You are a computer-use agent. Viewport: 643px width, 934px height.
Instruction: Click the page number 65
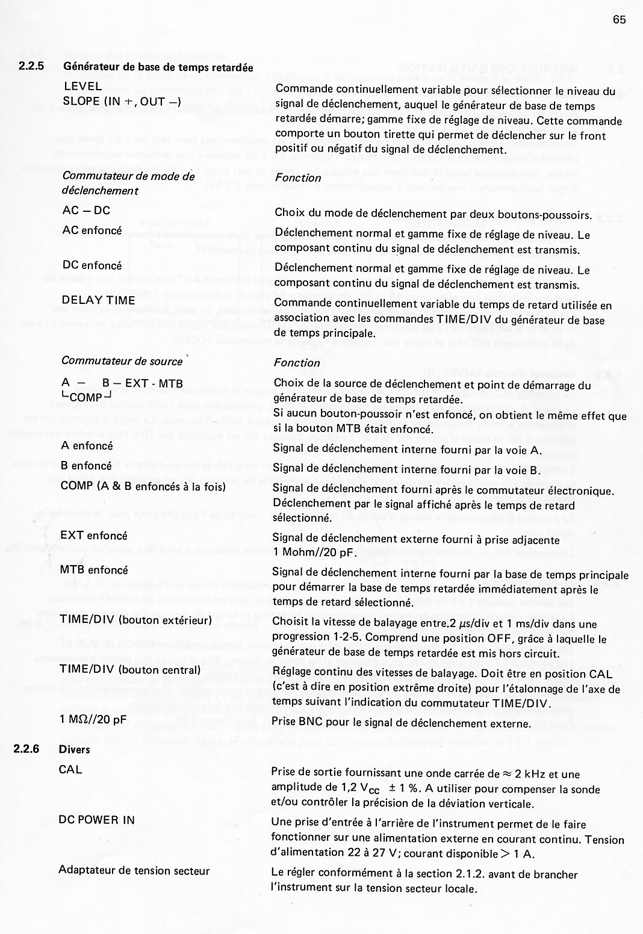click(620, 20)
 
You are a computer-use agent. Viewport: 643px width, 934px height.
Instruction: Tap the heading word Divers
click(75, 749)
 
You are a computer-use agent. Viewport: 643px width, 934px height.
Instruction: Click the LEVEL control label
click(83, 86)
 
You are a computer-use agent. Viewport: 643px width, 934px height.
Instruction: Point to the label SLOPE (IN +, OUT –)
click(122, 101)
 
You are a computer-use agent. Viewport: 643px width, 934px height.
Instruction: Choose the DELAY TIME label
click(99, 300)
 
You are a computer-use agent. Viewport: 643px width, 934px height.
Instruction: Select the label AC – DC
click(86, 211)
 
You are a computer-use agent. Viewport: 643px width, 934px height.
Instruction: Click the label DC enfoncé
click(92, 265)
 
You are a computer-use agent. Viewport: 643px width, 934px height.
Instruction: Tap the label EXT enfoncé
click(94, 536)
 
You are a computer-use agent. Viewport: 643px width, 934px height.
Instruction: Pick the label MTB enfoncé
click(95, 569)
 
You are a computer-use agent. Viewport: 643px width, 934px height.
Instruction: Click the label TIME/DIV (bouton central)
click(129, 670)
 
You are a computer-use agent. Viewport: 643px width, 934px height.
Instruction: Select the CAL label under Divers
click(70, 770)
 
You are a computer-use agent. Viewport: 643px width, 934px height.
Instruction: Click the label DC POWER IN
click(96, 820)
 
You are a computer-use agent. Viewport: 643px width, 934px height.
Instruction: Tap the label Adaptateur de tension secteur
click(134, 870)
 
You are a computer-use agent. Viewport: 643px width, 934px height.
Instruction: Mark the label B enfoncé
click(87, 466)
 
